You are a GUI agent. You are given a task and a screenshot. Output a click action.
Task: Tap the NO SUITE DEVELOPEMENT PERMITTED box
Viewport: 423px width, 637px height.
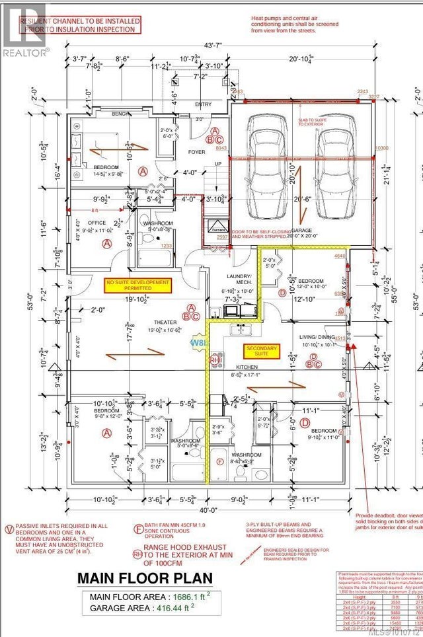coord(137,285)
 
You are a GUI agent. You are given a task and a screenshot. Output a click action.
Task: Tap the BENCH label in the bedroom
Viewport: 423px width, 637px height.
coord(120,114)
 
